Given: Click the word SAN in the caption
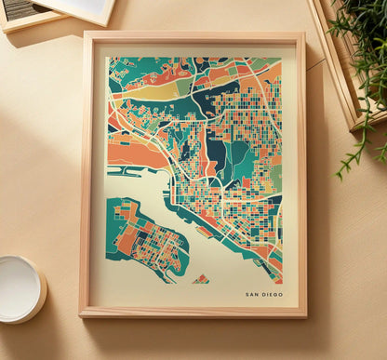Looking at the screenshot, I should pyautogui.click(x=251, y=295).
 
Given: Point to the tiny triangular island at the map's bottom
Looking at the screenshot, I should pyautogui.click(x=201, y=278).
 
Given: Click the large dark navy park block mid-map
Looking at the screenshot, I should pyautogui.click(x=216, y=153).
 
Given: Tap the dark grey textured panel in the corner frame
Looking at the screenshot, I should pyautogui.click(x=20, y=7).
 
